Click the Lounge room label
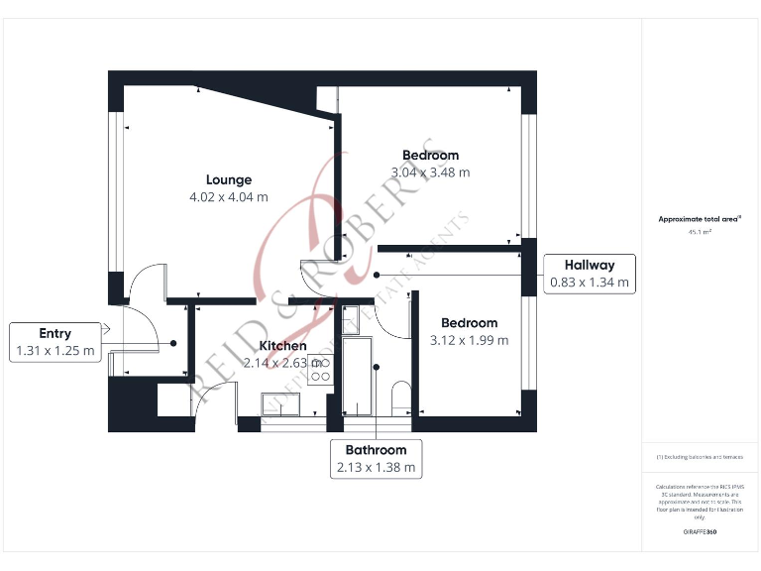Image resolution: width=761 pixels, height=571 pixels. pyautogui.click(x=229, y=179)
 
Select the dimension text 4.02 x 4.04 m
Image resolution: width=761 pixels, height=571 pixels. pyautogui.click(x=229, y=196)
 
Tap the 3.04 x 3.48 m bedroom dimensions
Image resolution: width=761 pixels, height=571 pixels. pyautogui.click(x=430, y=171)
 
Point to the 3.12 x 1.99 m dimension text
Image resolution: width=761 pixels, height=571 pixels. pyautogui.click(x=469, y=340)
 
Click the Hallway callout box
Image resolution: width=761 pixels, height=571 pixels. pyautogui.click(x=590, y=274)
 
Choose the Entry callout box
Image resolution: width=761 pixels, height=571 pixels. pyautogui.click(x=55, y=342)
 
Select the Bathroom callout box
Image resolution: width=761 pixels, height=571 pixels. pyautogui.click(x=376, y=458)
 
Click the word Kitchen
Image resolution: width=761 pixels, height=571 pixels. pyautogui.click(x=282, y=346)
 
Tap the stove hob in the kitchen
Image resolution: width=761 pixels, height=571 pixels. pyautogui.click(x=319, y=371)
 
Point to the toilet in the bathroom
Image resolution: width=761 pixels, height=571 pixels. pyautogui.click(x=400, y=397)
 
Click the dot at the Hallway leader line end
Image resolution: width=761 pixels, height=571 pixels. pyautogui.click(x=377, y=275)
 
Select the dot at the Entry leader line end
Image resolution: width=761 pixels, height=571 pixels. pyautogui.click(x=174, y=343)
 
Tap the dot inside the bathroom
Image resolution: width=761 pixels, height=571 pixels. pyautogui.click(x=376, y=367)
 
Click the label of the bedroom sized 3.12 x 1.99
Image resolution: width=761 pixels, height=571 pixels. pyautogui.click(x=469, y=323)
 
